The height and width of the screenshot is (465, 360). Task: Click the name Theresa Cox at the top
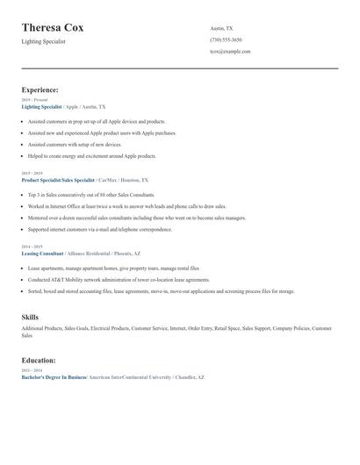[x=65, y=28]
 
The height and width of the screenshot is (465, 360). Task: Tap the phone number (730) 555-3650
[x=226, y=39]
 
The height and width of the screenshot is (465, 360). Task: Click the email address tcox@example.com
[x=230, y=51]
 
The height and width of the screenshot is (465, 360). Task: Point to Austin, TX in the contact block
[x=221, y=28]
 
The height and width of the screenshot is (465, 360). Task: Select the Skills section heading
[x=30, y=316]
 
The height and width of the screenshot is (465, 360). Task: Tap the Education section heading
[x=39, y=360]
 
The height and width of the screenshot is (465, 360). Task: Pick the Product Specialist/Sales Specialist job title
[x=58, y=179]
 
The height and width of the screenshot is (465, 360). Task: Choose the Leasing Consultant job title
[x=43, y=253]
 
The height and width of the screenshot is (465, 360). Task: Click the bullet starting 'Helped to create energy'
[x=91, y=155]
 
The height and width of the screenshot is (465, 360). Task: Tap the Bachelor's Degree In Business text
[x=54, y=376]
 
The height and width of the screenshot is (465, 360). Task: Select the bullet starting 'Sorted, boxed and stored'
[x=161, y=290]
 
